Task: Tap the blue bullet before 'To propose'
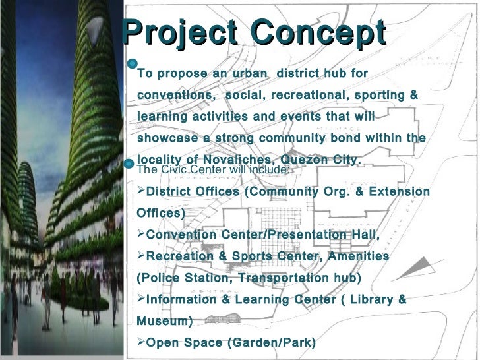[x=132, y=64]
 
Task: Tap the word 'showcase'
[x=167, y=138]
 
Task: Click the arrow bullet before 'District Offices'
[x=140, y=192]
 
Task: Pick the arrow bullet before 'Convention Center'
[x=140, y=235]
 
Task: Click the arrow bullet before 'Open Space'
[x=140, y=343]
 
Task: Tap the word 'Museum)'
[x=164, y=321]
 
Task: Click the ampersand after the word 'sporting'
[x=413, y=95]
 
